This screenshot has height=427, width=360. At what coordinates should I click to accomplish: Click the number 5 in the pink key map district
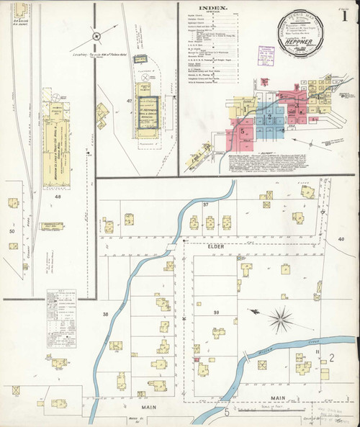(244, 132)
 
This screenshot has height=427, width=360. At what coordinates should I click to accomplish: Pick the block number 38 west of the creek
(106, 314)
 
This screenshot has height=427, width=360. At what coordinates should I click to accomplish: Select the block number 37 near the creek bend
(205, 205)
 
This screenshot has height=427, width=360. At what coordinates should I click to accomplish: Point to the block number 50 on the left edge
(12, 231)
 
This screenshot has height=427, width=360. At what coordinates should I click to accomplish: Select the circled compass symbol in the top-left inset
(94, 34)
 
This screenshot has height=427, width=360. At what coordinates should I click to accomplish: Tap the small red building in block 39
(197, 358)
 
